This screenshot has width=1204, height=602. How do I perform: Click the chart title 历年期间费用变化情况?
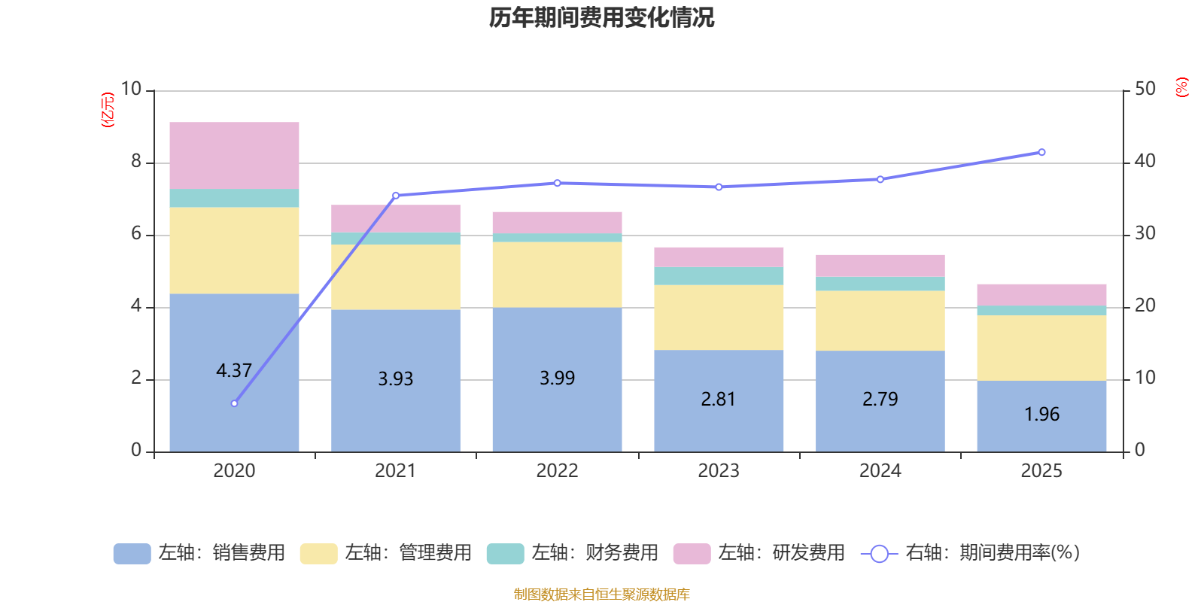point(601,17)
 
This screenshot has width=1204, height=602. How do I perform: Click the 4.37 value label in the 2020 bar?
point(234,370)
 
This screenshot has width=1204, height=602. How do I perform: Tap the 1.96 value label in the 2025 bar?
point(1041,414)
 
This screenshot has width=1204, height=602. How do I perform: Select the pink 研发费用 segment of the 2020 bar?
point(234,155)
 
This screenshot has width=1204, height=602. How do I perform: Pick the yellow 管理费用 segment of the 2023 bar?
point(719,317)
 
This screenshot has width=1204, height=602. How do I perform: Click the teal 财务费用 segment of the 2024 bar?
point(880,284)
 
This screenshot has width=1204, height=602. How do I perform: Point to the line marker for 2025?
point(1041,152)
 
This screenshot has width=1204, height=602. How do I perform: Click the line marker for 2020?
point(234,403)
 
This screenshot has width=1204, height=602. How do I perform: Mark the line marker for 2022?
point(557,183)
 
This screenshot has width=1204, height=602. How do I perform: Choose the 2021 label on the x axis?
point(395,471)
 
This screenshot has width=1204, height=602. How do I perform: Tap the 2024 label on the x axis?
point(880,471)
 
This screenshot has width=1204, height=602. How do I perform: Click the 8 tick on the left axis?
point(136,162)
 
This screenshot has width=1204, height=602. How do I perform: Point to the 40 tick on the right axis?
point(1145,161)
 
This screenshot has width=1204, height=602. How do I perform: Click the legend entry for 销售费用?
point(200,553)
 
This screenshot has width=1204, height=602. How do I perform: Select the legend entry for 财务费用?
point(573,553)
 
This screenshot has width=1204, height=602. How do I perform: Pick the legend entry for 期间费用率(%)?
point(971,553)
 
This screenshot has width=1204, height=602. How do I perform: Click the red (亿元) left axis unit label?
point(108,110)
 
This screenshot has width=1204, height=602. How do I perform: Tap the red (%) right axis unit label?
point(1181,87)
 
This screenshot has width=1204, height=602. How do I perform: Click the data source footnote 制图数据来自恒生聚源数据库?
point(601,594)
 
